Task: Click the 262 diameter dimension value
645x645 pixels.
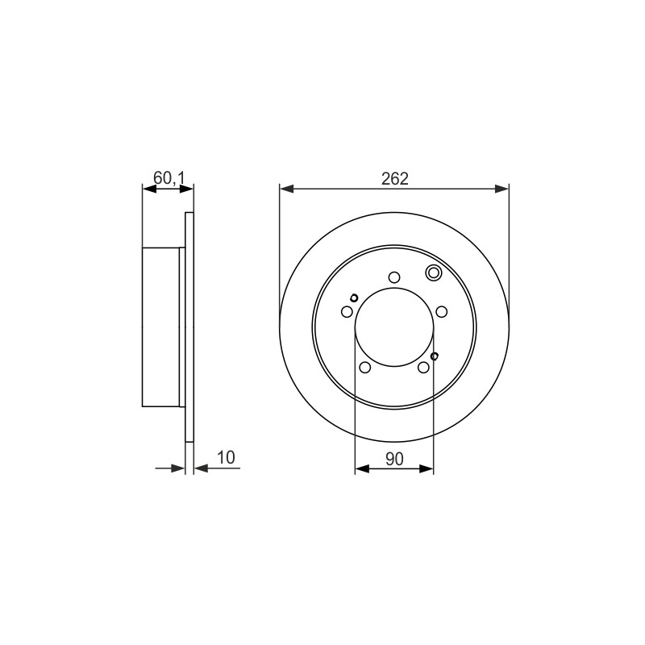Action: coord(394,178)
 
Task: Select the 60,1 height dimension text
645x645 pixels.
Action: coord(169,178)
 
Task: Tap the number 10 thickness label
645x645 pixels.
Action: coord(226,457)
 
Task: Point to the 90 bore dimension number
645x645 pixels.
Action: coord(394,459)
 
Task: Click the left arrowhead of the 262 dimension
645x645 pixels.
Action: coord(286,189)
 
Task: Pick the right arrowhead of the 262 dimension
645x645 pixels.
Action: coord(501,189)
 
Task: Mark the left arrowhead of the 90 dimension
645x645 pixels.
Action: coord(361,468)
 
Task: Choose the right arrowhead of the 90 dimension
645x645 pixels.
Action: coord(427,468)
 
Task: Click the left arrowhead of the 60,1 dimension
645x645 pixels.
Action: coord(149,189)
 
